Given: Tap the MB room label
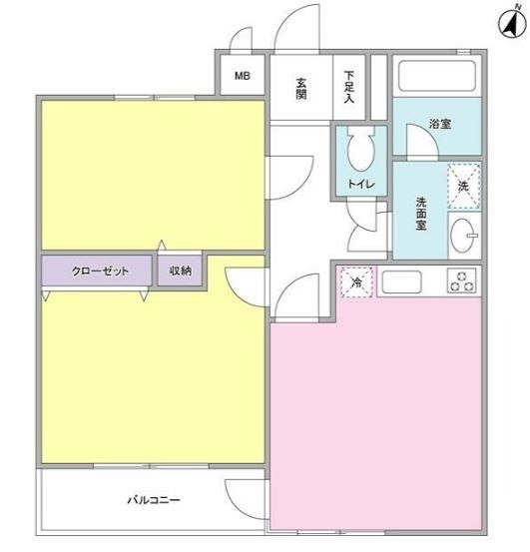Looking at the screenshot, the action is coord(243,76).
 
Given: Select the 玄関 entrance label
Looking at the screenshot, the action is coord(301,89).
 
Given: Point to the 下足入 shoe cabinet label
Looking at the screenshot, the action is coord(349,87).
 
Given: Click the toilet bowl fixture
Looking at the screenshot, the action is coord(361,148).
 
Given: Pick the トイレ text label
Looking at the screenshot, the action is coord(361,184).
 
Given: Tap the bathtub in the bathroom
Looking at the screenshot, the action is coord(437,76).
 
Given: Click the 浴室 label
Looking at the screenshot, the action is coord(440,124).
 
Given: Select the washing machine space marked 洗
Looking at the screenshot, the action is coord(464,186).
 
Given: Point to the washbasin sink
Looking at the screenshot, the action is coord(463,236).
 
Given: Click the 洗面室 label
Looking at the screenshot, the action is coord(421,214).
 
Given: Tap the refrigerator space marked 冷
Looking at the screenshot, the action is coord(357,282).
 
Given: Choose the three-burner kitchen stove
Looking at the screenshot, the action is coord(462,280).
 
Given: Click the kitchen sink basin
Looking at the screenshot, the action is coord(401,281).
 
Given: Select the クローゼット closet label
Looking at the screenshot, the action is coord(100,271).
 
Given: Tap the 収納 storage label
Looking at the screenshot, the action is coord(181,271).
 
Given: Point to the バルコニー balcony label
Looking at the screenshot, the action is coord(154,500).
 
